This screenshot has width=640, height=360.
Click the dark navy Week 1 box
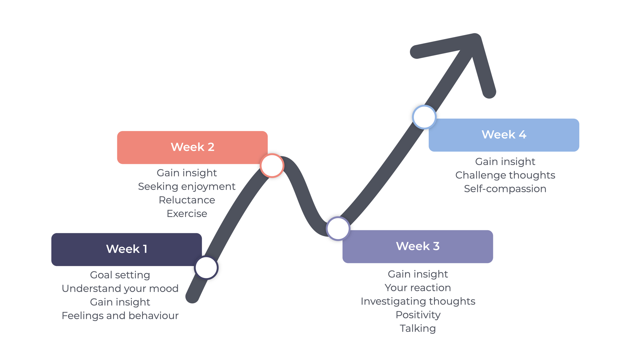click(126, 249)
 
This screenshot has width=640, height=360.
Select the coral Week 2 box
click(192, 147)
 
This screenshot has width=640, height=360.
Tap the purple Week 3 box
click(418, 247)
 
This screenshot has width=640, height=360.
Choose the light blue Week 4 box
click(504, 135)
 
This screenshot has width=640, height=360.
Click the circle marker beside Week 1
click(206, 268)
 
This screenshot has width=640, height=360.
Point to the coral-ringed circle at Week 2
click(272, 166)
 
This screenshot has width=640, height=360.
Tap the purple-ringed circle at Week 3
click(338, 229)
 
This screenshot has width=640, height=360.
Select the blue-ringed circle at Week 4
click(424, 117)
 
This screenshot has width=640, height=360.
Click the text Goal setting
click(120, 275)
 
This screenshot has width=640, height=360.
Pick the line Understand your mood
click(120, 288)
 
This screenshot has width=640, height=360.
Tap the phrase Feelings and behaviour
click(120, 315)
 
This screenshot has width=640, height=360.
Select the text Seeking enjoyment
click(187, 186)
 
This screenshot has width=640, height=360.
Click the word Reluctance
click(187, 200)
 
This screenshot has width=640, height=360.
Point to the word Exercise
click(187, 214)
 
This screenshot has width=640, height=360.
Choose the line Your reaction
click(418, 288)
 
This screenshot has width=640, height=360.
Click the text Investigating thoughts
click(418, 301)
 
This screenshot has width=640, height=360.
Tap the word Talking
click(418, 329)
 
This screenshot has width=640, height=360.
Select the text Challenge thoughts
click(505, 175)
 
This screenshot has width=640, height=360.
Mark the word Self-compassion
click(505, 189)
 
